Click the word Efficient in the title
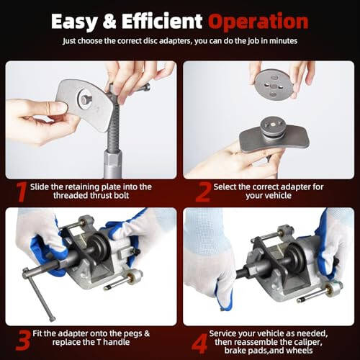163,22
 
